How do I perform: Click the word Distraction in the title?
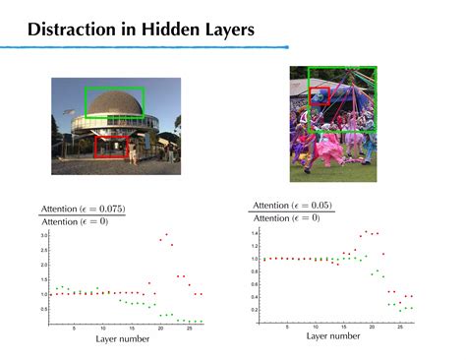tap(74, 30)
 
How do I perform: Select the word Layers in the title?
tap(228, 30)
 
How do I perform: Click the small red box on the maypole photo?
tap(319, 95)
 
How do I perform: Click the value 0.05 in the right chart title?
tap(318, 205)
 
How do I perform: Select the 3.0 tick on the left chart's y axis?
tap(43, 236)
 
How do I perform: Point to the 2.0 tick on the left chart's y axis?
tap(43, 266)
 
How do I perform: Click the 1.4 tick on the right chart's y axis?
tap(254, 233)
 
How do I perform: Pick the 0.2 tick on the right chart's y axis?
tap(254, 310)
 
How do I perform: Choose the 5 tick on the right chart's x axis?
tap(287, 326)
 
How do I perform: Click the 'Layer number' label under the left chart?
tap(122, 340)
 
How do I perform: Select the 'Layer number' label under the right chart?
tap(332, 336)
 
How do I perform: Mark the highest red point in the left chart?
tap(166, 234)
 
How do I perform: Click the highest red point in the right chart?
tap(366, 232)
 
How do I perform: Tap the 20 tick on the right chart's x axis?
tap(374, 326)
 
